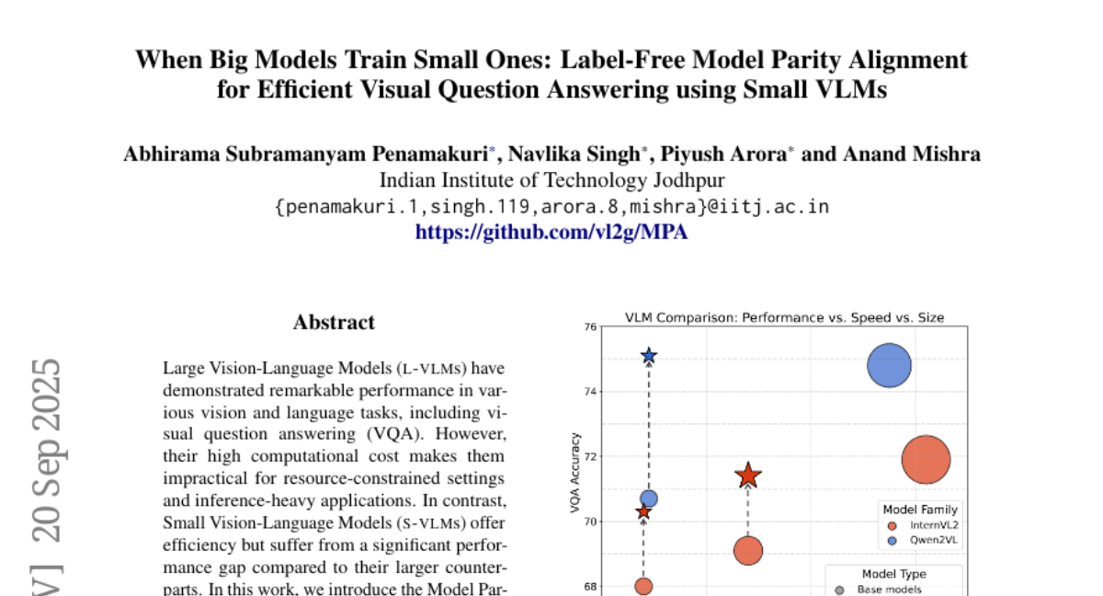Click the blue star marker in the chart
tap(649, 356)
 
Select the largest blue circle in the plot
tap(889, 366)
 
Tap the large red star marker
tap(748, 476)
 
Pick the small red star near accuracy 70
tap(643, 511)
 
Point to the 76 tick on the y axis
tap(590, 327)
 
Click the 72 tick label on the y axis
tap(590, 456)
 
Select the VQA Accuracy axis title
tap(574, 473)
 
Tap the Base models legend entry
tap(889, 590)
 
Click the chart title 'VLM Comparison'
tap(784, 317)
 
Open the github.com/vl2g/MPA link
tap(551, 232)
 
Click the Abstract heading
tap(334, 323)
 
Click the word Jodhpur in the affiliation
tap(688, 180)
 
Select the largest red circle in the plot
tap(926, 459)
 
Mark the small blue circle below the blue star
tap(649, 499)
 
